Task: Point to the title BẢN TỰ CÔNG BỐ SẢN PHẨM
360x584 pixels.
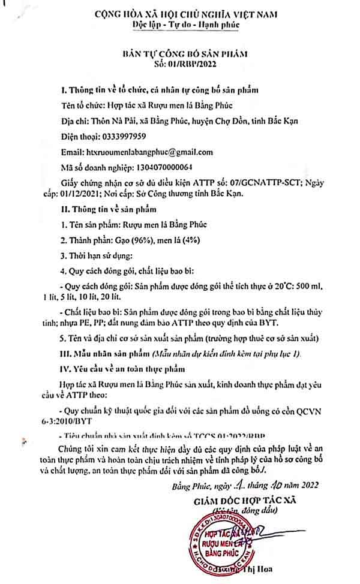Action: point(181,53)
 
